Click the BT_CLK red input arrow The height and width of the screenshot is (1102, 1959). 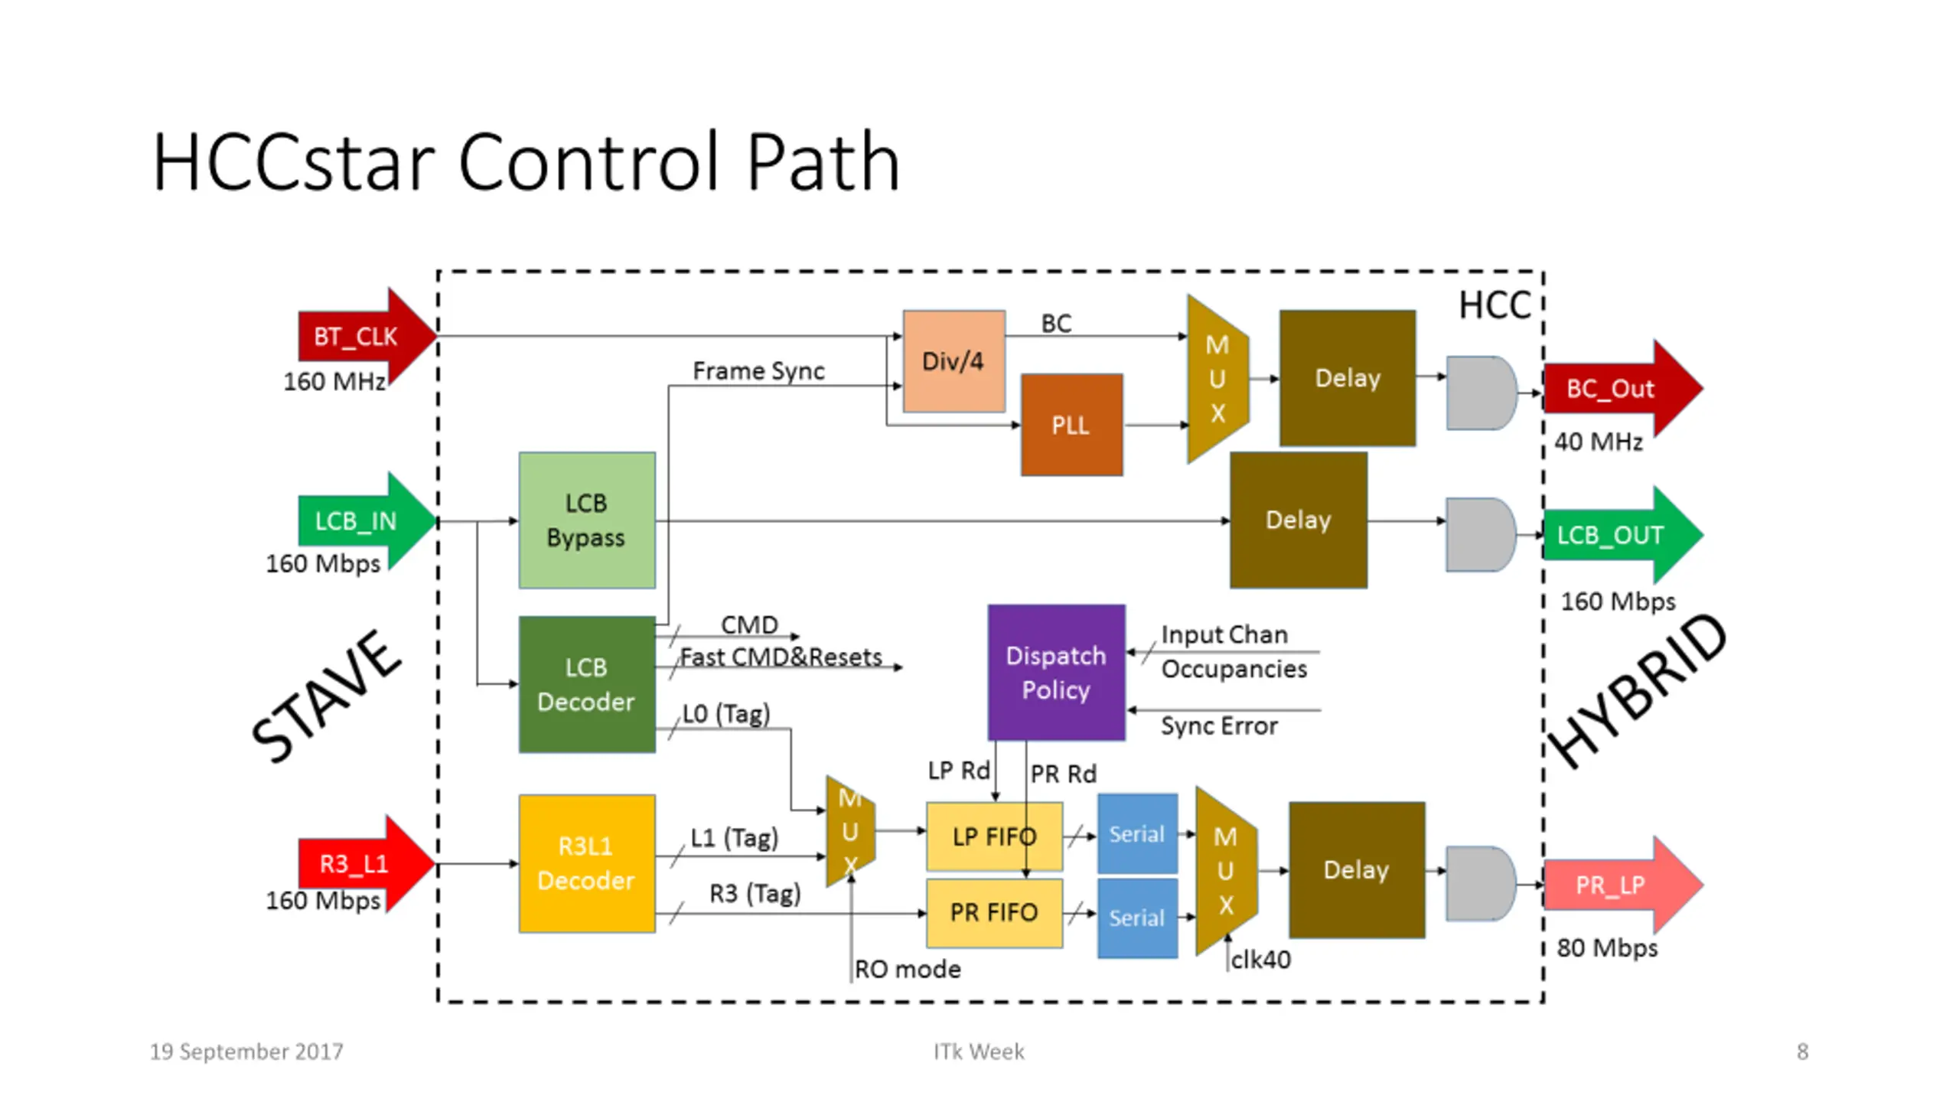pyautogui.click(x=360, y=337)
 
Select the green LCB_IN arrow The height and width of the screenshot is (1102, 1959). pyautogui.click(x=360, y=521)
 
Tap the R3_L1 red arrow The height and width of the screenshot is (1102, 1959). pyautogui.click(x=360, y=864)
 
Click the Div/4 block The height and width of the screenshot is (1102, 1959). pyautogui.click(x=953, y=361)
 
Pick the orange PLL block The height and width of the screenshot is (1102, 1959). pyautogui.click(x=1071, y=425)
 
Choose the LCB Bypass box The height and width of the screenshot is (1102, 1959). pyautogui.click(x=587, y=520)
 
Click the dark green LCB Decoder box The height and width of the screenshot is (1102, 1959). pyautogui.click(x=587, y=684)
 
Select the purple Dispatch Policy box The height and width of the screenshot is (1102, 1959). pyautogui.click(x=1056, y=673)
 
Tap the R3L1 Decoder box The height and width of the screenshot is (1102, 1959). pyautogui.click(x=587, y=863)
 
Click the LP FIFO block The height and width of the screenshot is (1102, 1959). pyautogui.click(x=994, y=836)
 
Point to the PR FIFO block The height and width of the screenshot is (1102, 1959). pyautogui.click(x=994, y=913)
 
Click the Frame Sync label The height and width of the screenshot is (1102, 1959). pyautogui.click(x=758, y=371)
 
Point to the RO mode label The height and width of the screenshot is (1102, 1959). pyautogui.click(x=908, y=970)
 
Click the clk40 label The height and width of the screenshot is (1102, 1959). pyautogui.click(x=1260, y=960)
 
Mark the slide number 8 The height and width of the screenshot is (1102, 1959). pyautogui.click(x=1803, y=1051)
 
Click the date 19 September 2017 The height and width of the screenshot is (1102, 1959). pyautogui.click(x=246, y=1051)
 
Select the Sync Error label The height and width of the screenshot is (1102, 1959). pyautogui.click(x=1219, y=725)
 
